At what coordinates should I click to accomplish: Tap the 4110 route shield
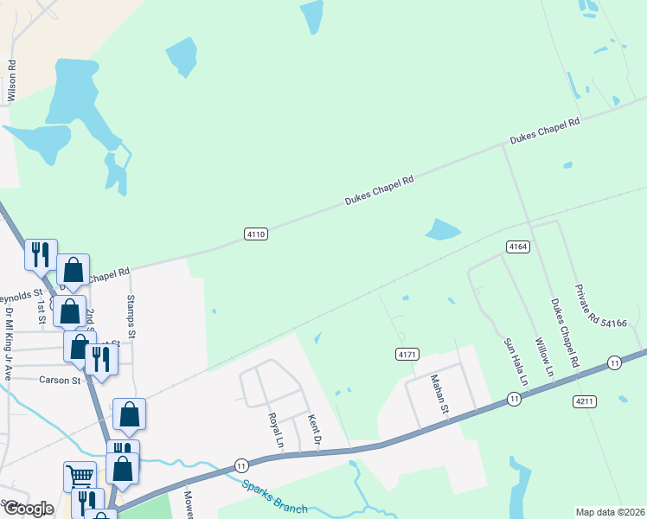click(256, 234)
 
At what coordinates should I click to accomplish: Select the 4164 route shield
click(517, 247)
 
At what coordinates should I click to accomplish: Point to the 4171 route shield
click(407, 355)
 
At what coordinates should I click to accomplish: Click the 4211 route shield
click(584, 401)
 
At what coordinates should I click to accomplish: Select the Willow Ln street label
click(543, 357)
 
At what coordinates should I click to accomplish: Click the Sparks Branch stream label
click(274, 497)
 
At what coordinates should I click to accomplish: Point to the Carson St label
click(60, 380)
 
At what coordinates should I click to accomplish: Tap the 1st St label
click(41, 304)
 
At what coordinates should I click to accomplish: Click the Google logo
click(29, 509)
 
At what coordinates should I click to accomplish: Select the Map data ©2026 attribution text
click(610, 512)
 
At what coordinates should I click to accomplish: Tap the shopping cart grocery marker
click(79, 476)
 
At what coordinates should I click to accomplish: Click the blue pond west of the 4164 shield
click(442, 229)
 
